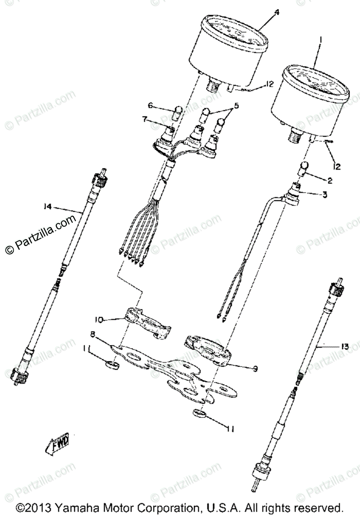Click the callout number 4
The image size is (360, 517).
pos(277,12)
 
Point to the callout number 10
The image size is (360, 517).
pos(99,320)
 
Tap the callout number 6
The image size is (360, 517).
pos(151,106)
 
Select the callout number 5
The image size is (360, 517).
pos(236,106)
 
